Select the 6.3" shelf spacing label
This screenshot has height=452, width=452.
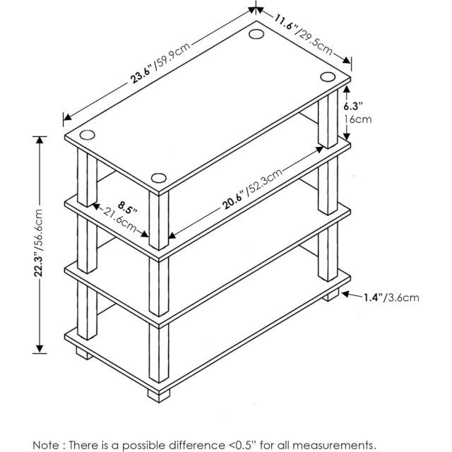[x=353, y=106]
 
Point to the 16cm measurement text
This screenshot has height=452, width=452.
[x=357, y=119]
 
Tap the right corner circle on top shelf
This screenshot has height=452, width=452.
[x=327, y=76]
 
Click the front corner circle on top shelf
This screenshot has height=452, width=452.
[x=158, y=178]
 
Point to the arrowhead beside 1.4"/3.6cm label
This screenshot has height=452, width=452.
[x=346, y=295]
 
